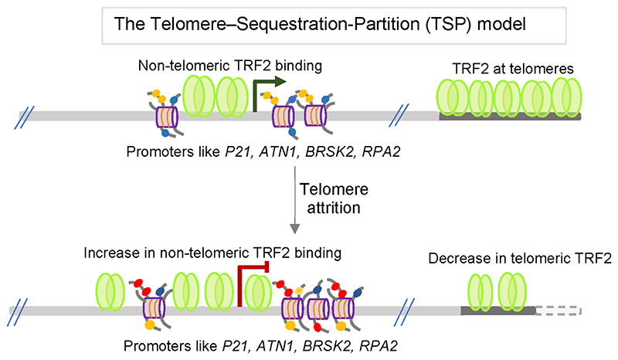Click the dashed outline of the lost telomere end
coord(558,310)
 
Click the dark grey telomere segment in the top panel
coord(510,117)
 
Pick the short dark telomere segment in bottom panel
coord(497,310)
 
